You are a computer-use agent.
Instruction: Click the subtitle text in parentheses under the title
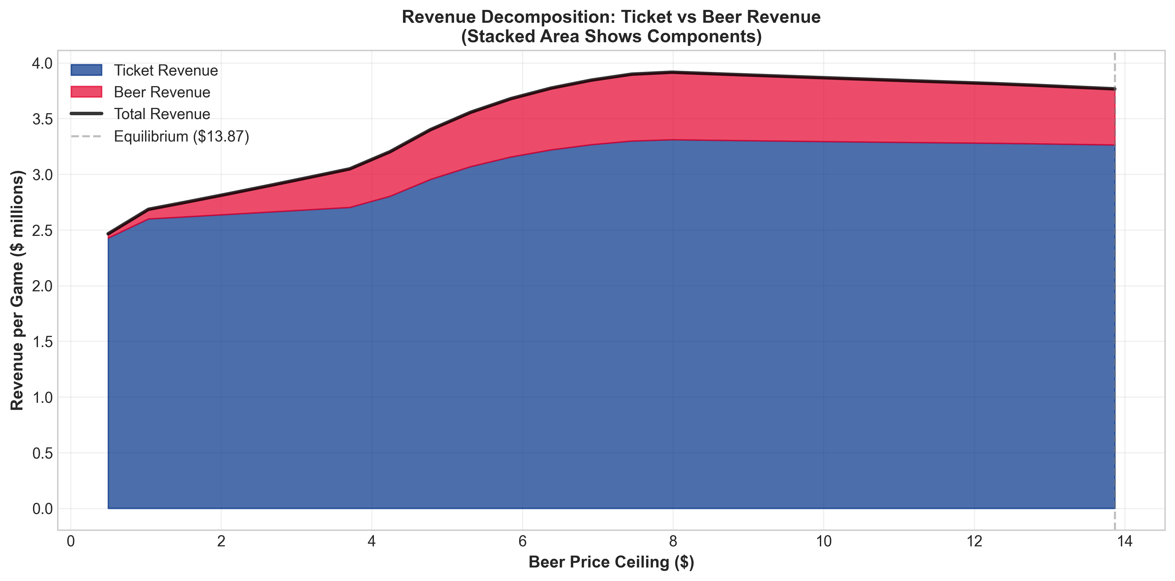pos(611,37)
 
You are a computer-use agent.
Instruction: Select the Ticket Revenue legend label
pos(166,70)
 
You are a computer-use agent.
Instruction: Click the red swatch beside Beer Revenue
pos(86,92)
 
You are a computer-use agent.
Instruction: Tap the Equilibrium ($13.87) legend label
pos(181,136)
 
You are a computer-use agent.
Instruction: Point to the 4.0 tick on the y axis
pos(42,63)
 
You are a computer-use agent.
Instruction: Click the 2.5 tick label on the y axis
pos(42,230)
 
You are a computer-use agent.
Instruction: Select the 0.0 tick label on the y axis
pos(42,508)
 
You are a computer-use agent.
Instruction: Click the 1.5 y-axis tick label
pos(42,341)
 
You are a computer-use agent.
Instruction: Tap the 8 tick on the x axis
pos(673,541)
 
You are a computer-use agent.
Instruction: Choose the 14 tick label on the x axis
pos(1125,541)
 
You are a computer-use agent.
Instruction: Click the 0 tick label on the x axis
pos(71,541)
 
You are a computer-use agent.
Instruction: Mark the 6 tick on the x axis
pos(522,541)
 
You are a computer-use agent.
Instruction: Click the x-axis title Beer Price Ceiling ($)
pos(611,562)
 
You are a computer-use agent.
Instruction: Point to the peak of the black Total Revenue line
pos(673,72)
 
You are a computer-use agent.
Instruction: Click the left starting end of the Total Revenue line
pos(109,234)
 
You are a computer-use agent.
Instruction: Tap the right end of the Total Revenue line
pos(1114,89)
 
